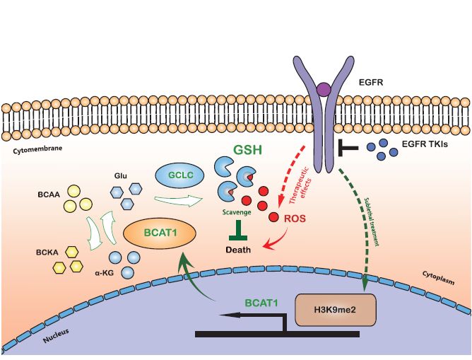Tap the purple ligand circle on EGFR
(x=324, y=90)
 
